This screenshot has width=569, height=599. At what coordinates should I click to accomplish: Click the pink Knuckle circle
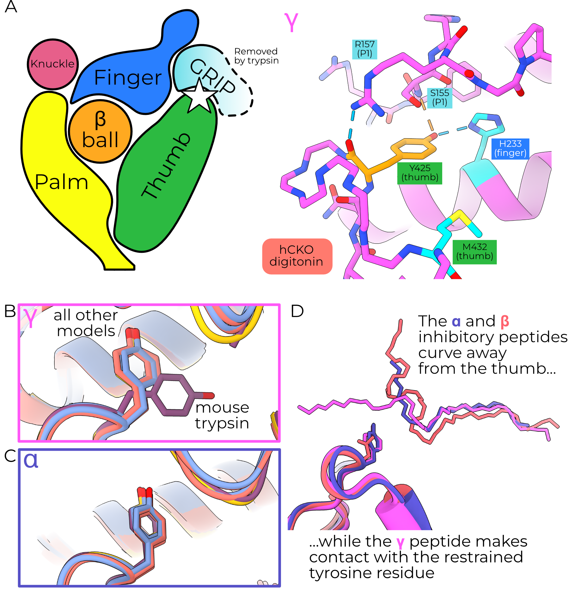[x=52, y=64]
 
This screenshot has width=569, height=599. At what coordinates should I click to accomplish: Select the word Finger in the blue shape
[x=128, y=77]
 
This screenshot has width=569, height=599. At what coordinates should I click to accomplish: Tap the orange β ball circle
[x=100, y=131]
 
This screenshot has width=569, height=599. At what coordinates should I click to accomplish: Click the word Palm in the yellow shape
[x=61, y=182]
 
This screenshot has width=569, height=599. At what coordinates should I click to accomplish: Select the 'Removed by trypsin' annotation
[x=256, y=56]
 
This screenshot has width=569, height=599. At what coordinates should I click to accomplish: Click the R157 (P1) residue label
[x=364, y=49]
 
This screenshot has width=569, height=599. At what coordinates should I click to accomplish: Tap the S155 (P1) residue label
[x=439, y=98]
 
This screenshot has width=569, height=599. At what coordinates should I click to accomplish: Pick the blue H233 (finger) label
[x=510, y=148]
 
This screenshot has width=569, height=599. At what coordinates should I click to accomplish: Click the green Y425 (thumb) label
[x=419, y=173]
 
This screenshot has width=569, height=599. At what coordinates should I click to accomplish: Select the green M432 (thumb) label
[x=474, y=252]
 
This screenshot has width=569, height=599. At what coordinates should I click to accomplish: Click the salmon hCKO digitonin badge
[x=297, y=256]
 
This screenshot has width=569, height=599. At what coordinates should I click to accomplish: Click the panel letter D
[x=297, y=311]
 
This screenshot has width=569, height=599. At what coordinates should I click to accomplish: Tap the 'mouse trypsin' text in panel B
[x=222, y=415]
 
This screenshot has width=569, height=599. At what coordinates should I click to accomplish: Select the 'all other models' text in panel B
[x=86, y=323]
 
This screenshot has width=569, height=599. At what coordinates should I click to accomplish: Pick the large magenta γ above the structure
[x=291, y=22]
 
